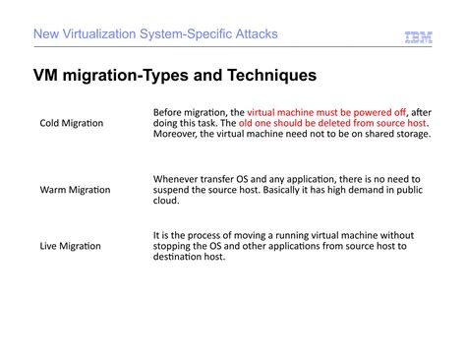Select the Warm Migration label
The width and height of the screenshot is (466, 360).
tap(75, 189)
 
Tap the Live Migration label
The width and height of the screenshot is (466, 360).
tap(70, 246)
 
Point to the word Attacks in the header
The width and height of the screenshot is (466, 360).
tap(255, 34)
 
